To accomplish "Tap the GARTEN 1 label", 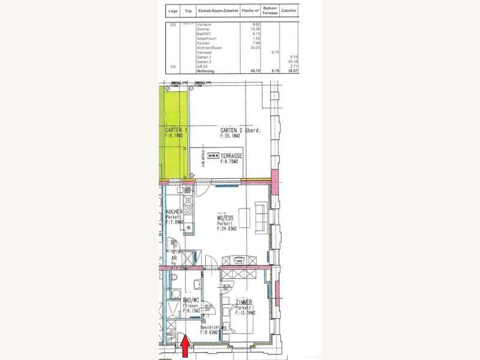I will [176, 130].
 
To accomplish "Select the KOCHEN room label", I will [173, 212].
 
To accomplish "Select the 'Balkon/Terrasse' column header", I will [271, 11].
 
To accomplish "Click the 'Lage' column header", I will [173, 11].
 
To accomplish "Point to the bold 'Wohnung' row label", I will [206, 70].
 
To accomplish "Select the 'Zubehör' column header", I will [290, 11].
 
